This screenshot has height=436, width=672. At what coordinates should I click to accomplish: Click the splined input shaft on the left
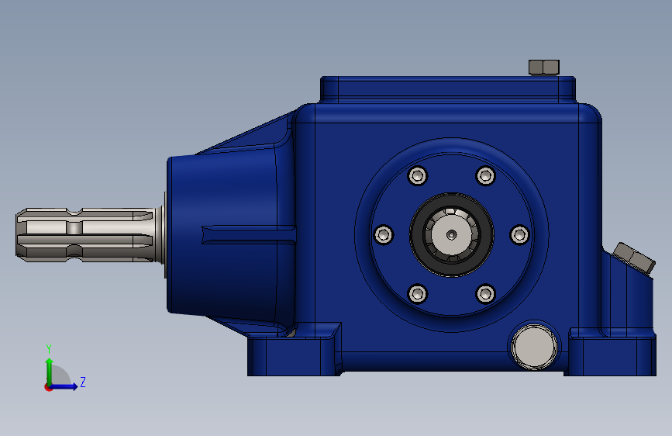(x=85, y=234)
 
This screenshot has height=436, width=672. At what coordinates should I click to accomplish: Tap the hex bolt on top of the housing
(x=543, y=67)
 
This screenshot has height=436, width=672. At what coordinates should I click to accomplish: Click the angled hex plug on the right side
(x=633, y=258)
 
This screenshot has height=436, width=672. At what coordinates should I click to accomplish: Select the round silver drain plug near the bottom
(x=533, y=347)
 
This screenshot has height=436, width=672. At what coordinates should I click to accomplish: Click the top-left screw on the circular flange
(x=418, y=175)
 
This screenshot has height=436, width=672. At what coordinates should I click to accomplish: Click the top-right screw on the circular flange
(x=485, y=175)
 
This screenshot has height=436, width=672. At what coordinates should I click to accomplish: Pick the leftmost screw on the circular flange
(x=384, y=234)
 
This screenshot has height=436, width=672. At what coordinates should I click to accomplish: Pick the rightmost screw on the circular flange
(x=519, y=234)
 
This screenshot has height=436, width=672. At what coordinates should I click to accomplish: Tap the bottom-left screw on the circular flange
(x=418, y=293)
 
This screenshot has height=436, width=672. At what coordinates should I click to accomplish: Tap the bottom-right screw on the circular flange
(x=485, y=293)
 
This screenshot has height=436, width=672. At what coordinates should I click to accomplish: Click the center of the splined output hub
(x=451, y=234)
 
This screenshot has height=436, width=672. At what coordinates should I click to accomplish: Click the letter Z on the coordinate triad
(x=82, y=382)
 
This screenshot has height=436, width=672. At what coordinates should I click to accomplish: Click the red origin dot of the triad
(x=49, y=386)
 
